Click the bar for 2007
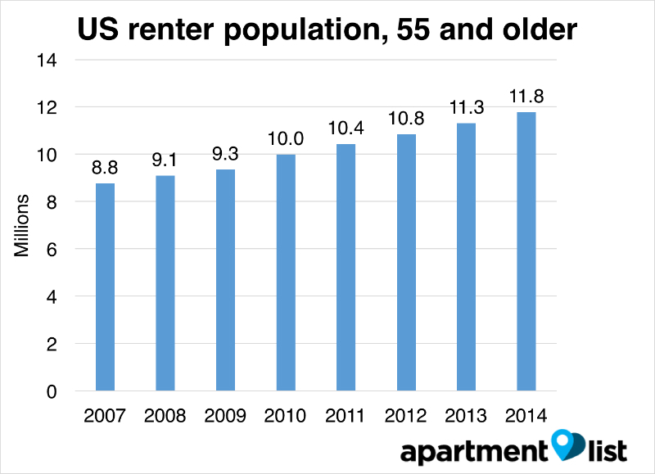click(x=105, y=287)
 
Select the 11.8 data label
click(x=526, y=96)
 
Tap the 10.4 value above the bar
click(x=346, y=129)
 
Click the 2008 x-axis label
click(x=165, y=416)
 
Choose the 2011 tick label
click(x=346, y=416)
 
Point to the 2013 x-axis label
click(x=466, y=416)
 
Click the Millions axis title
click(x=23, y=225)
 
